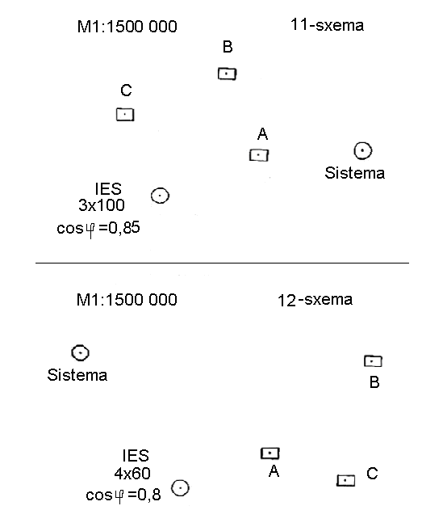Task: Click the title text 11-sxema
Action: click(x=327, y=25)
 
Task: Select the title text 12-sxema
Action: click(x=315, y=300)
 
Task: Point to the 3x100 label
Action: click(x=102, y=205)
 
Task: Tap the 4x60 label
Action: click(x=132, y=474)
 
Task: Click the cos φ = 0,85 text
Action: click(x=98, y=229)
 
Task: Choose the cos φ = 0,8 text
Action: click(x=123, y=495)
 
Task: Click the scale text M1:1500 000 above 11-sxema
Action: click(x=127, y=27)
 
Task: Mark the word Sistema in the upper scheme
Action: click(x=354, y=173)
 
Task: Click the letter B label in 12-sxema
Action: click(x=374, y=382)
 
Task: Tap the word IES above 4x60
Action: click(x=136, y=456)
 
